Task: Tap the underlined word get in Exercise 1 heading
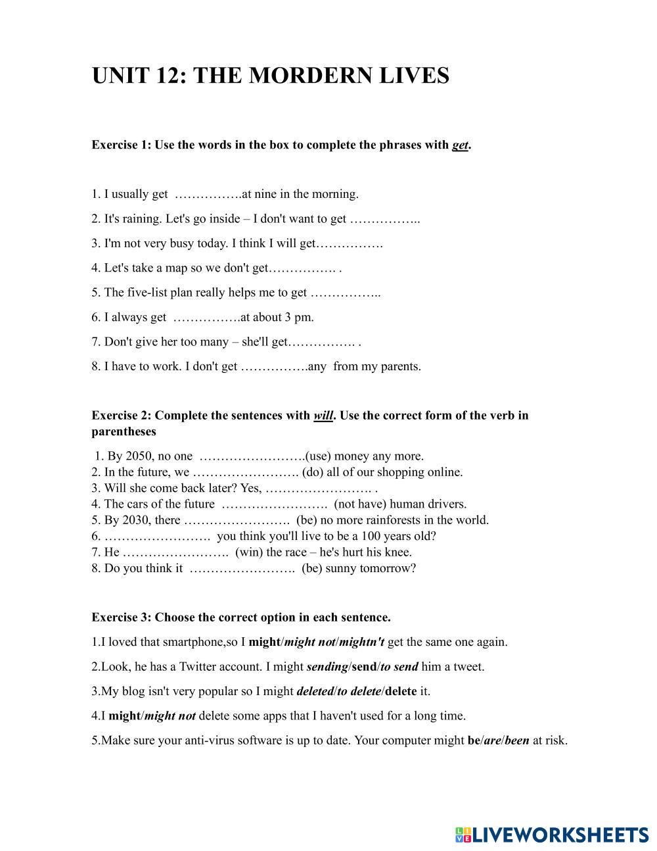click(460, 145)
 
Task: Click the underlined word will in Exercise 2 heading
click(323, 416)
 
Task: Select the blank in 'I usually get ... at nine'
click(206, 195)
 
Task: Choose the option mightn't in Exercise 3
click(361, 642)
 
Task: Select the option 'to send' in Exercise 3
click(399, 667)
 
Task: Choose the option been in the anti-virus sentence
click(517, 741)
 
